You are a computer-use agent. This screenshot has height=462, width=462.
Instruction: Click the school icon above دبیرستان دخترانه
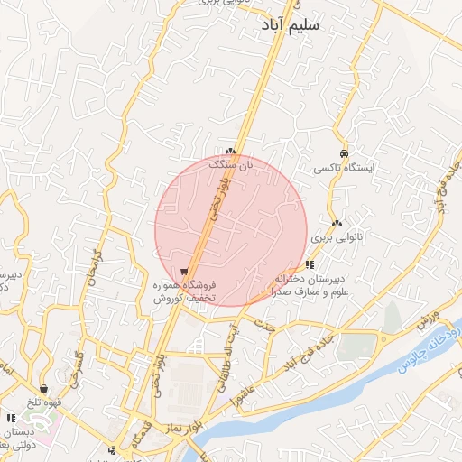[310, 264]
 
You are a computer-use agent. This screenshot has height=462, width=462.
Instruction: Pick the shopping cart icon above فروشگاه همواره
[184, 271]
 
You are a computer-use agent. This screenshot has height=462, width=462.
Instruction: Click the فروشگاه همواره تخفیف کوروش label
[182, 291]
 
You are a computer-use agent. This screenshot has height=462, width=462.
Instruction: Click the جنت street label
[263, 325]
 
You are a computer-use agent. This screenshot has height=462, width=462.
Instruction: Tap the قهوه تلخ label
[42, 402]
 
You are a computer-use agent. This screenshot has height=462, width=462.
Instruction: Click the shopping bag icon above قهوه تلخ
[43, 389]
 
